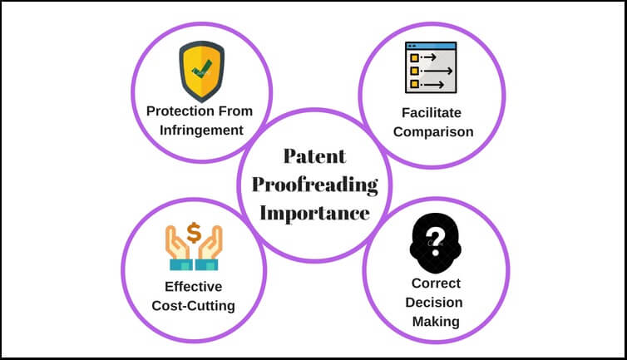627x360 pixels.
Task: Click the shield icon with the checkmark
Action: pyautogui.click(x=200, y=70)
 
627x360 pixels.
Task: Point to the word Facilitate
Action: pyautogui.click(x=432, y=111)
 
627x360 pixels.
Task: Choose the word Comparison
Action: pyautogui.click(x=432, y=131)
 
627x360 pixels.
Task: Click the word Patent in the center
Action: pyautogui.click(x=314, y=156)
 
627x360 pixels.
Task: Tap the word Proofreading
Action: pyautogui.click(x=314, y=184)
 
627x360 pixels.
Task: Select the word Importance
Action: pyautogui.click(x=314, y=212)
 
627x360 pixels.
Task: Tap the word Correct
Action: pyautogui.click(x=433, y=283)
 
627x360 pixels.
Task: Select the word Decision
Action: pyautogui.click(x=433, y=301)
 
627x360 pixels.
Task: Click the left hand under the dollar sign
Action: pyautogui.click(x=179, y=252)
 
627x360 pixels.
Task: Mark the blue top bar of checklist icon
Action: pyautogui.click(x=431, y=45)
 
